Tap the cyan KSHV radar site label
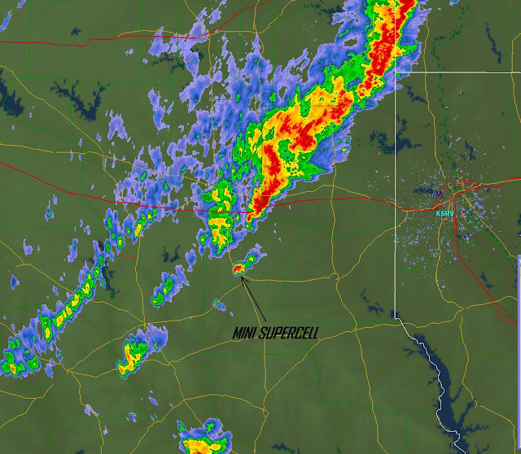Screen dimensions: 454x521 coord(444,213)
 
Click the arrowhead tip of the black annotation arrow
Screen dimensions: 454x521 coord(243,277)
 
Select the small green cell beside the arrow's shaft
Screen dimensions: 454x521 coord(218,305)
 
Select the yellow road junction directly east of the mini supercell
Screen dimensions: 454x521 coord(335,277)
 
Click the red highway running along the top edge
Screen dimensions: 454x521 coord(163,37)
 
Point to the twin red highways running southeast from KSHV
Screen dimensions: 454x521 coord(464,244)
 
